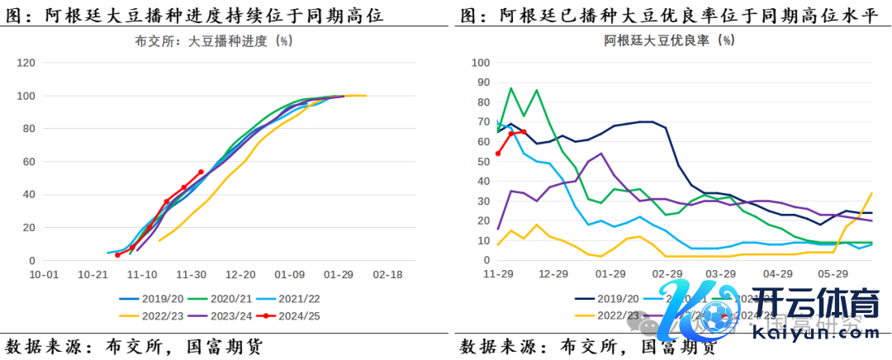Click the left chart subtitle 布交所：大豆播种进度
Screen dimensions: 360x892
click(212, 40)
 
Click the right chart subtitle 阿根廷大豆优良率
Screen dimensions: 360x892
click(670, 40)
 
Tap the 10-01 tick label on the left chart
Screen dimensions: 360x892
click(44, 274)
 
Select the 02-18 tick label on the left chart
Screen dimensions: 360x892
click(386, 274)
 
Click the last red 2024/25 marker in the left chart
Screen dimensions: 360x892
click(201, 173)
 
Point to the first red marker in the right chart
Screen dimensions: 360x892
click(498, 154)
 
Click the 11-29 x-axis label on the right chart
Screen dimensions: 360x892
click(498, 274)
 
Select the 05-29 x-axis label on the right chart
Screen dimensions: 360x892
click(833, 274)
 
